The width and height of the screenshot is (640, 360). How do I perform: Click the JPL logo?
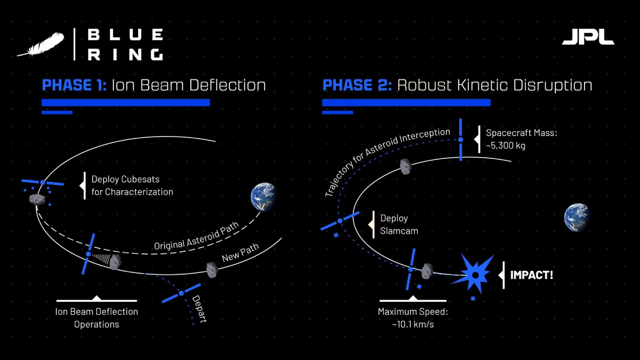coord(588,37)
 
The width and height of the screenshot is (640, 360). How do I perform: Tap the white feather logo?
coord(41,44)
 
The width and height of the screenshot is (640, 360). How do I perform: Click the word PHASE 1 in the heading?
coord(74,85)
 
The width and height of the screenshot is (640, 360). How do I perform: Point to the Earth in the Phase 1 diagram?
coord(263,197)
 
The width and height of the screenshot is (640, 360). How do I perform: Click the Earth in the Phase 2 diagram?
coord(577,217)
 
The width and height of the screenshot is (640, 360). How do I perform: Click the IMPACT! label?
coord(532,275)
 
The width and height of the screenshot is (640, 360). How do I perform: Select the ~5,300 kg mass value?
coord(506,146)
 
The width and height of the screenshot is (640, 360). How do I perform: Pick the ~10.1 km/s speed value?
coord(413,325)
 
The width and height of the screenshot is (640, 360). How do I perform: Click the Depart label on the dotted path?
coord(199,309)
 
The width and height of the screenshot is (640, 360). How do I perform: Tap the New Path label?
coord(241,253)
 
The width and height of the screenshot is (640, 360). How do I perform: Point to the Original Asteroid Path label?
coord(196,236)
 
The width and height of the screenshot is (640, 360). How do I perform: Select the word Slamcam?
coord(399,231)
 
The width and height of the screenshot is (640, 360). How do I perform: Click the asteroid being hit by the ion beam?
coord(115,262)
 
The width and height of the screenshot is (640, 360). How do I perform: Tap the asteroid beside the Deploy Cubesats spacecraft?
coord(37,199)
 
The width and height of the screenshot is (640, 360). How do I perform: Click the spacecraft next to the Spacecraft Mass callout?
coord(461,139)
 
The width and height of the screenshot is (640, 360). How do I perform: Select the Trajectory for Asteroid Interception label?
coord(387,162)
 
